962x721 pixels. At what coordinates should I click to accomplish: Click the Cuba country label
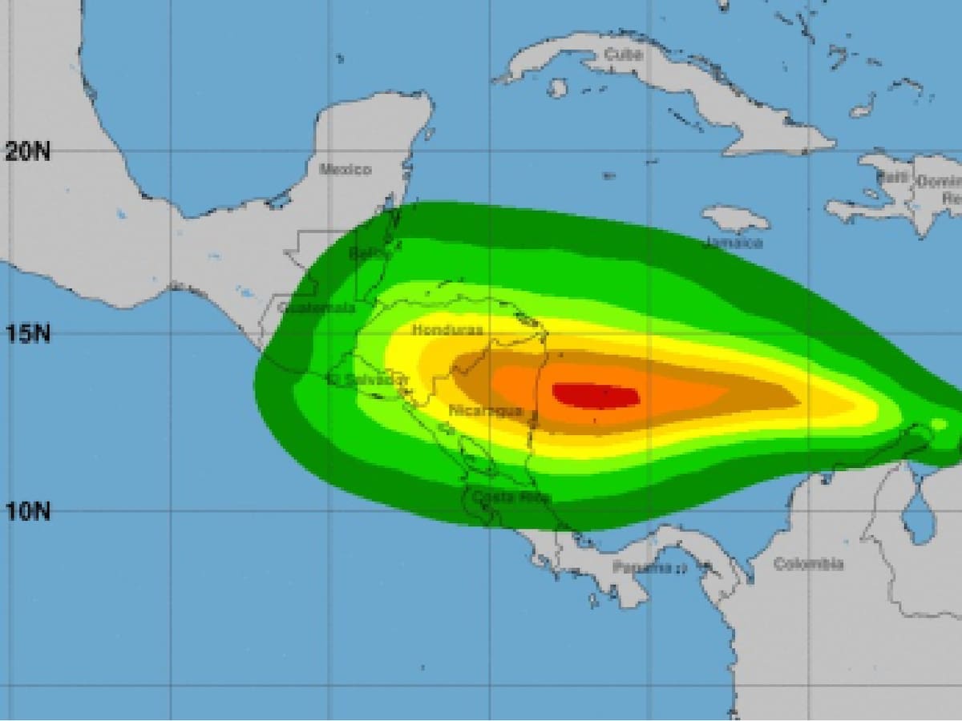coord(624,54)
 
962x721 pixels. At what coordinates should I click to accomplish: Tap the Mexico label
coord(346,169)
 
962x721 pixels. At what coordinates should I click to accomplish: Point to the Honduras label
coord(447,329)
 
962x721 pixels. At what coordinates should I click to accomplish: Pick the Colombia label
coord(808,564)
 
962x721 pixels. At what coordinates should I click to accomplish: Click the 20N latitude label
coord(27,151)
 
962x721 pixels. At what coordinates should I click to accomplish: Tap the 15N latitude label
coord(27,332)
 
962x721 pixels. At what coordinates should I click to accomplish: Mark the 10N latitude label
coord(27,510)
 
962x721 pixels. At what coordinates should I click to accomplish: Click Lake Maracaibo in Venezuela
coord(919,513)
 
